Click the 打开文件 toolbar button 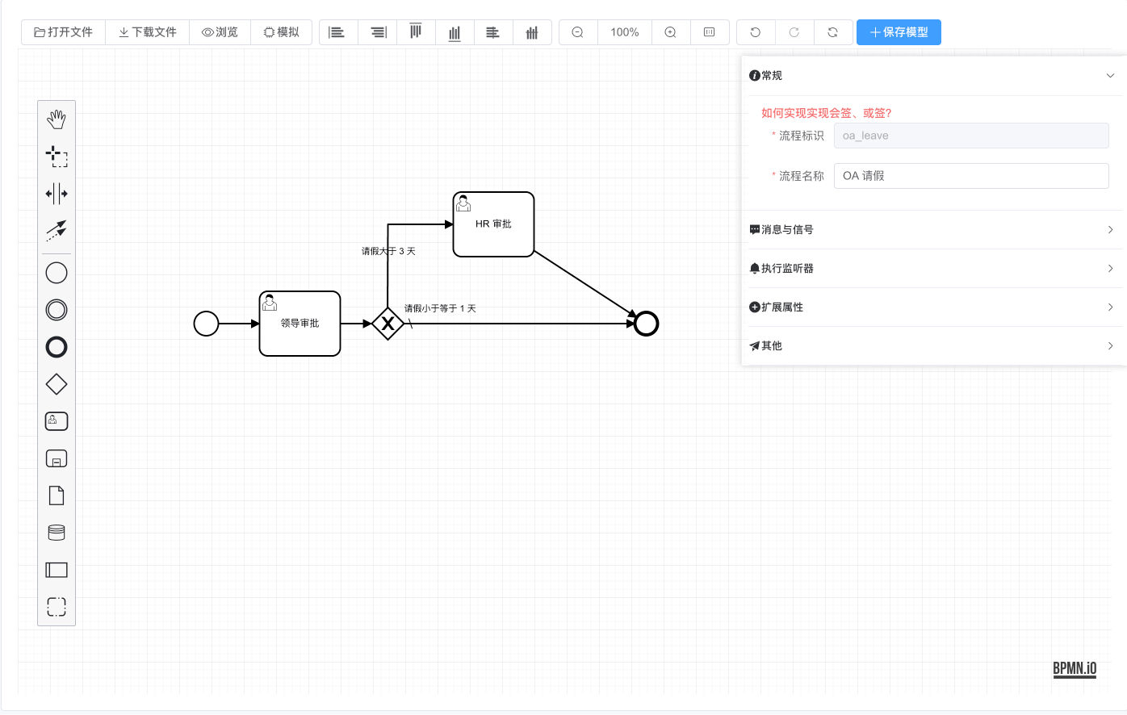point(64,32)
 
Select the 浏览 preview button point(220,32)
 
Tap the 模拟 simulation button point(281,32)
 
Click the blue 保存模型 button point(899,32)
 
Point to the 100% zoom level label point(624,32)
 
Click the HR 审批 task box point(493,224)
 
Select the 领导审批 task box point(300,324)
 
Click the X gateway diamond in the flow point(388,324)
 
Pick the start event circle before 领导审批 point(207,324)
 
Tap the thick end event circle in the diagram point(646,324)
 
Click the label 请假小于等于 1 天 point(440,308)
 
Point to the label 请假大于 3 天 point(388,251)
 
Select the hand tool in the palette point(57,119)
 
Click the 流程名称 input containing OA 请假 point(971,176)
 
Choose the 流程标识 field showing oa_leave point(971,136)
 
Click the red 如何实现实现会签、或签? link point(826,113)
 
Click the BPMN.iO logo point(1075,668)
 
